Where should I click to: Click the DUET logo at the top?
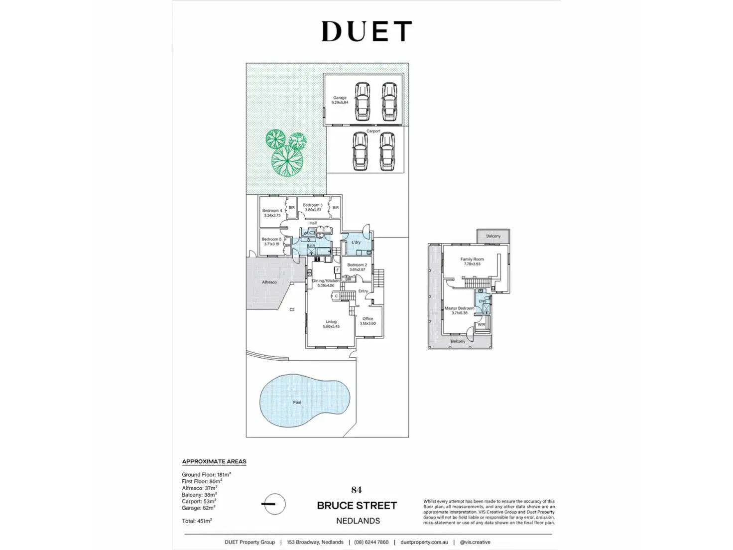click(366, 31)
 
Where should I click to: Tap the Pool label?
click(297, 403)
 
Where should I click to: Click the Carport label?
click(373, 131)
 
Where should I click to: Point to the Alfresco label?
click(269, 282)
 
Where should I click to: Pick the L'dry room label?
click(356, 242)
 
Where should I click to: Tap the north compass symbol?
click(273, 504)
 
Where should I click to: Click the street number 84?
click(357, 490)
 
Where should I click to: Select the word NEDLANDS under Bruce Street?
click(358, 521)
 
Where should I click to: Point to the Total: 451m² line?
click(197, 521)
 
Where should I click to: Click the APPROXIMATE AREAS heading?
click(214, 461)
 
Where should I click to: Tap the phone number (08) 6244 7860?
click(371, 542)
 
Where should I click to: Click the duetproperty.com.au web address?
click(424, 542)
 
